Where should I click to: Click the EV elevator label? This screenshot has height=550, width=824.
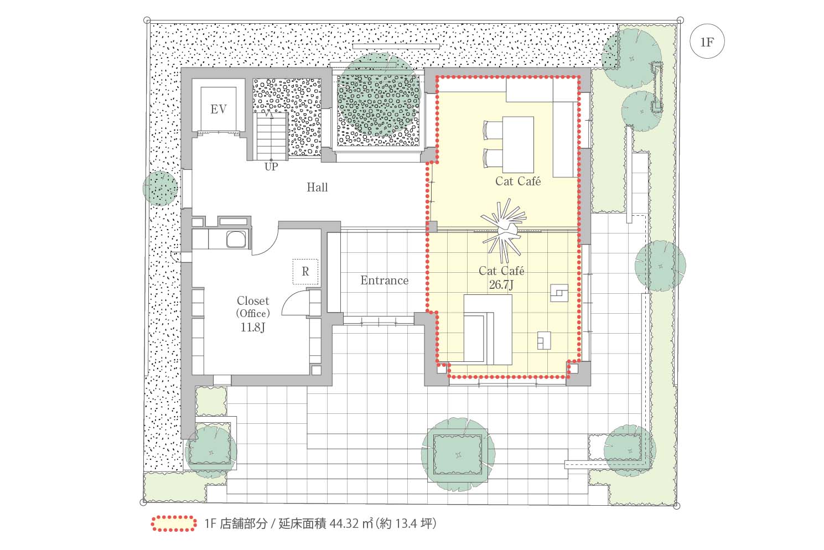(x=219, y=109)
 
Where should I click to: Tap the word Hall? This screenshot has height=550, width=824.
(x=317, y=187)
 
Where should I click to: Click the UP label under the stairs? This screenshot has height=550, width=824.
(x=271, y=167)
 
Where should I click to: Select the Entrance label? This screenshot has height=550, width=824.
(x=385, y=281)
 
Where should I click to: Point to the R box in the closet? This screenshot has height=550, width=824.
(x=305, y=272)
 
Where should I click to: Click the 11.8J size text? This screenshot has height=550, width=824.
(x=253, y=327)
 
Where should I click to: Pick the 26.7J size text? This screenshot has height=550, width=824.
(x=501, y=284)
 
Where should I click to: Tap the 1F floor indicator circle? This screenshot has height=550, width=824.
(x=707, y=41)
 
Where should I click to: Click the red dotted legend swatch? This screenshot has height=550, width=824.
(x=173, y=523)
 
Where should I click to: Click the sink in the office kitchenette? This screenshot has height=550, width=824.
(x=236, y=239)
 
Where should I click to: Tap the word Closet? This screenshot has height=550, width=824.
(x=253, y=300)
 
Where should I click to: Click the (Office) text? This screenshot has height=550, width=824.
(x=253, y=313)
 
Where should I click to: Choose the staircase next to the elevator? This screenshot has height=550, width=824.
(x=272, y=136)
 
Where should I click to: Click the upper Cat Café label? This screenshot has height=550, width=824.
(x=518, y=181)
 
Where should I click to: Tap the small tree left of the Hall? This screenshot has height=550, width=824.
(x=160, y=188)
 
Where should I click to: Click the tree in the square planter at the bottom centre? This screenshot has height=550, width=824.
(x=458, y=454)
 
